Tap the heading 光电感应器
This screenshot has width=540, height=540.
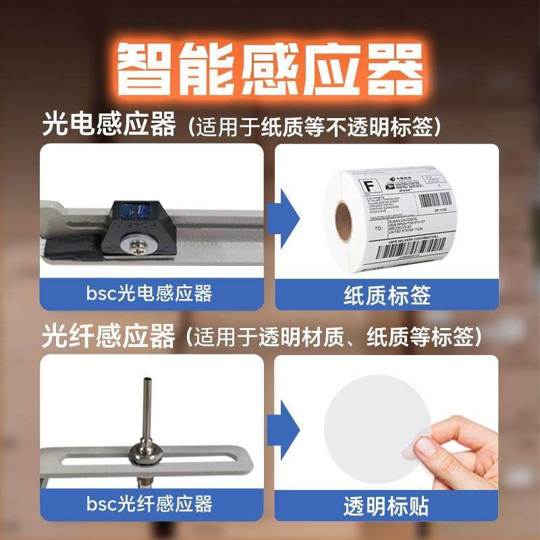(108, 126)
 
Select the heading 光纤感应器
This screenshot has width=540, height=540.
(108, 335)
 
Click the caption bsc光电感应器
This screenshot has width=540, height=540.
(150, 294)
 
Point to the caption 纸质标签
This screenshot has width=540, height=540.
(387, 295)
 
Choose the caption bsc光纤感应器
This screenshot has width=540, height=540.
(150, 504)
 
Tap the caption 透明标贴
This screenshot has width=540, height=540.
(387, 506)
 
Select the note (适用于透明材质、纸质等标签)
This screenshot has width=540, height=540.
(335, 335)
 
